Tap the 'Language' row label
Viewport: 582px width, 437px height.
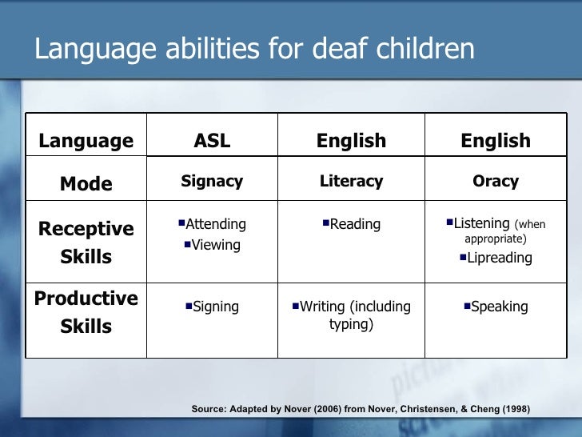pos(86,142)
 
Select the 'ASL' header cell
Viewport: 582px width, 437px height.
pos(212,142)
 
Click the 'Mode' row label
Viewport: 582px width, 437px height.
pos(86,184)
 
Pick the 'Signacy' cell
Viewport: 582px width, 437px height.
pos(212,182)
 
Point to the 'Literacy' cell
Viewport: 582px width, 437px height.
pos(351,182)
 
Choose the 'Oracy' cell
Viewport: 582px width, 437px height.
pos(496,182)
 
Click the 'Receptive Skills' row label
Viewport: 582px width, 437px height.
pos(86,243)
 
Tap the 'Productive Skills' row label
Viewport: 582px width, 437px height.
pos(86,312)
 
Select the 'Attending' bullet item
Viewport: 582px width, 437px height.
pos(215,224)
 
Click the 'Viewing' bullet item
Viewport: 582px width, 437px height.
pos(215,245)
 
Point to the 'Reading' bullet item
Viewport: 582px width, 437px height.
pos(354,225)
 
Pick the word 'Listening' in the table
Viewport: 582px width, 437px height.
pos(481,224)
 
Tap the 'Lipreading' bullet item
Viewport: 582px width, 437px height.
pos(499,258)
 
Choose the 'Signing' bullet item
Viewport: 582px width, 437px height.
pos(215,307)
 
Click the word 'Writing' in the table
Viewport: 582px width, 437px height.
pos(322,307)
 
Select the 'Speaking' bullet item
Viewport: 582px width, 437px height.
pos(499,307)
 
